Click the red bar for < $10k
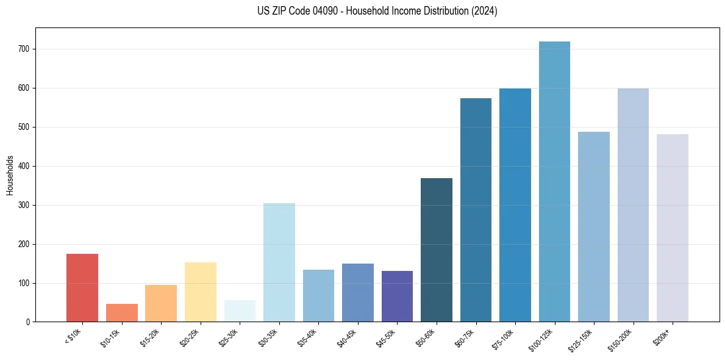(x=82, y=287)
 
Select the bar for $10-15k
(x=121, y=312)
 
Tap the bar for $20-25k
(x=200, y=292)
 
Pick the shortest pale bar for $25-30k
(x=240, y=311)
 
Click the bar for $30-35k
(x=279, y=262)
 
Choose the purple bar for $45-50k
(x=397, y=296)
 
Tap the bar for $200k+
(x=672, y=228)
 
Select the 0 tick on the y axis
(x=29, y=322)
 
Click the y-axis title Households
(x=10, y=175)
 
